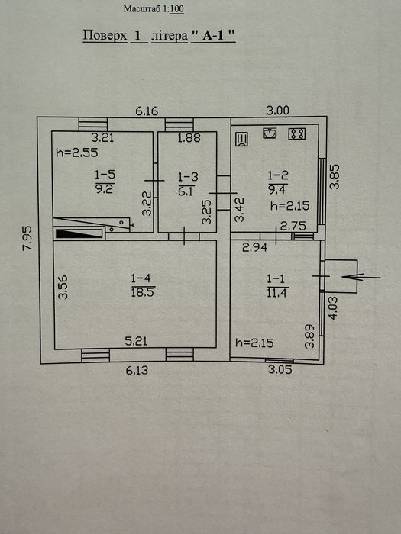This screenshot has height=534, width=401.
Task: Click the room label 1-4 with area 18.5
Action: pyautogui.click(x=141, y=279)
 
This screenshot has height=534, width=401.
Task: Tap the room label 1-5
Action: pyautogui.click(x=105, y=175)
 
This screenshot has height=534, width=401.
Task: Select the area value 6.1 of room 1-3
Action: pyautogui.click(x=186, y=191)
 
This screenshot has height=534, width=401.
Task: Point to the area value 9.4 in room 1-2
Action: pyautogui.click(x=276, y=189)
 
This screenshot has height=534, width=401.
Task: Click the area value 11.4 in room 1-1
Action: pyautogui.click(x=276, y=292)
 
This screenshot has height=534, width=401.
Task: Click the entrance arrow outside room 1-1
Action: pyautogui.click(x=361, y=277)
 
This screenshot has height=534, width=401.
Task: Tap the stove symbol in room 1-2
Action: pyautogui.click(x=296, y=133)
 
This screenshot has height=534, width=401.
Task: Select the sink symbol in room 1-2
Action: pyautogui.click(x=270, y=133)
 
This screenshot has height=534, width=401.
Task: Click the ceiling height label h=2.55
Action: pyautogui.click(x=77, y=153)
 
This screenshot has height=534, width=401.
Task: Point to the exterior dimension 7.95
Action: pyautogui.click(x=27, y=238)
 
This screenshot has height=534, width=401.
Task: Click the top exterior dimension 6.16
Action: pyautogui.click(x=147, y=111)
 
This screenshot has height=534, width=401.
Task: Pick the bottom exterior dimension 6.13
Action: pyautogui.click(x=137, y=370)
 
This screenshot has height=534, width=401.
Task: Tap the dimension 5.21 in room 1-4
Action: pyautogui.click(x=136, y=341)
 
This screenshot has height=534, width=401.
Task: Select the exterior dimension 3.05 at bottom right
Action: pyautogui.click(x=280, y=369)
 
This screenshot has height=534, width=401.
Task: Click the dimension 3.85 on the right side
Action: pyautogui.click(x=335, y=176)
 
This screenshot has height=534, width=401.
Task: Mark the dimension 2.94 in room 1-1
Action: pyautogui.click(x=254, y=248)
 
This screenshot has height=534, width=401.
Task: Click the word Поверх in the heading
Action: pyautogui.click(x=105, y=35)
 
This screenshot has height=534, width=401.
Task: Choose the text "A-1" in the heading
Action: pyautogui.click(x=213, y=36)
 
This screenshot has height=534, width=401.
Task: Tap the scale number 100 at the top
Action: pyautogui.click(x=176, y=9)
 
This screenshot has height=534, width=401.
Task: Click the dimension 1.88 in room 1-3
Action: pyautogui.click(x=189, y=137)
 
